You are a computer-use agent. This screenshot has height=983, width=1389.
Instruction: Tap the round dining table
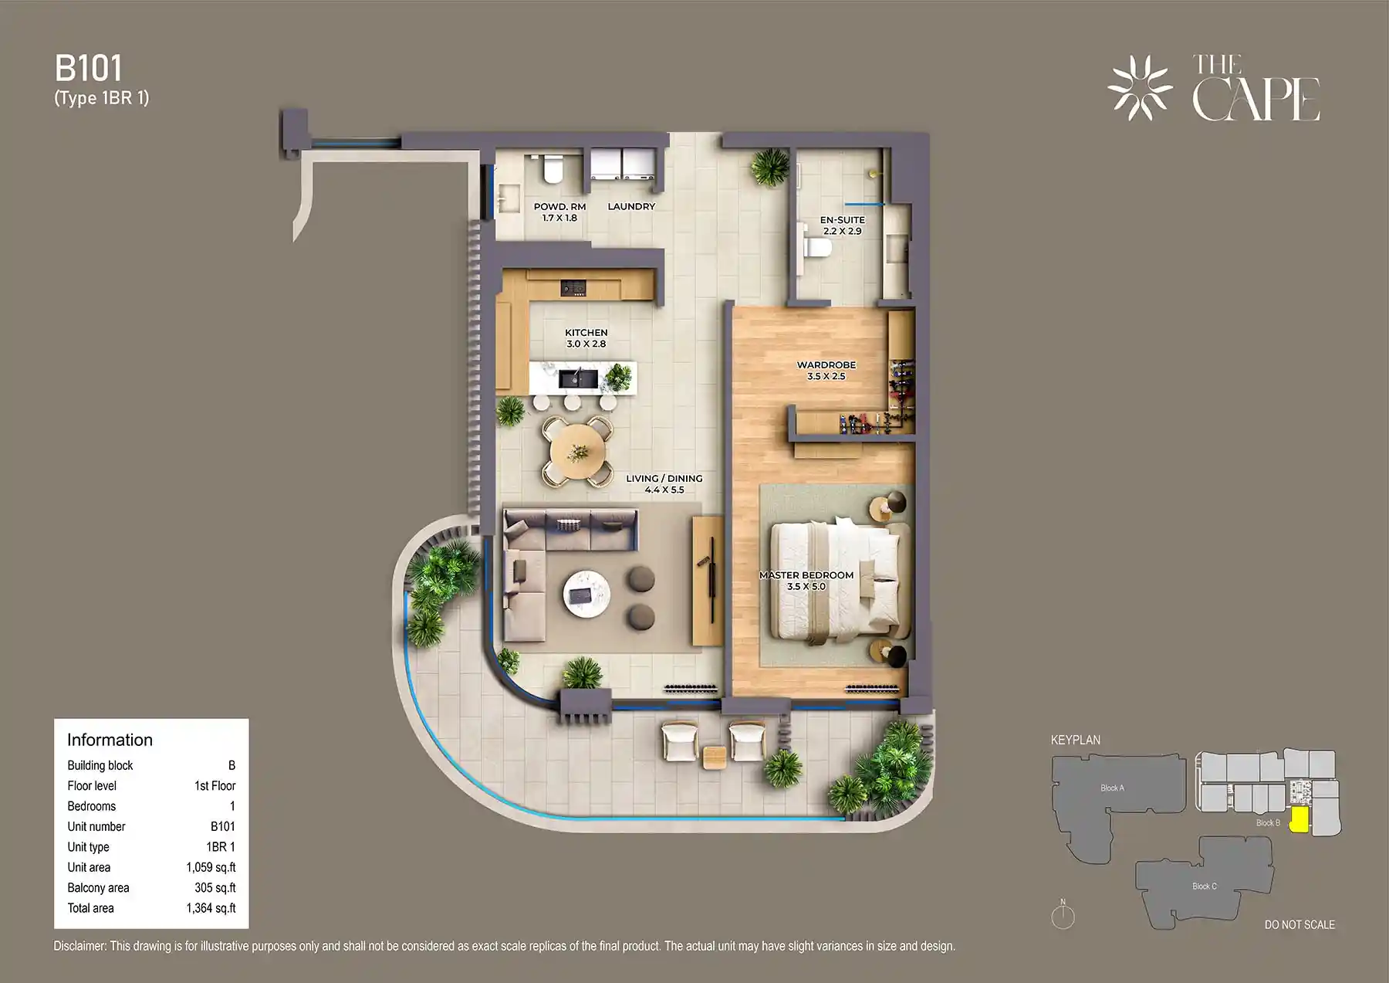[577, 451]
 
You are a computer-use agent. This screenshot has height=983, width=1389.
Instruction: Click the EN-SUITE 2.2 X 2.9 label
[842, 225]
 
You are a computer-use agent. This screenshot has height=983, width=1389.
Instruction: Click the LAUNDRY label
[631, 206]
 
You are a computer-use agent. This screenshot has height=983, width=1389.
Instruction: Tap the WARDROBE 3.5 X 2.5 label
[826, 371]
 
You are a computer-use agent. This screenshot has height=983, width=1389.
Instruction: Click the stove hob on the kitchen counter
[573, 287]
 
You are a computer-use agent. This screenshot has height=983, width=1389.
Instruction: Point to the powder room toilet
[553, 169]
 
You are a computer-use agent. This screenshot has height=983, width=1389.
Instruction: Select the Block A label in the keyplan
[1112, 788]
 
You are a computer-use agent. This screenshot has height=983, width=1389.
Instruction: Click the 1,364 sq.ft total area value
[211, 908]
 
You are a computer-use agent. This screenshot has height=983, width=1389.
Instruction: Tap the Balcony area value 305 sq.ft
[215, 888]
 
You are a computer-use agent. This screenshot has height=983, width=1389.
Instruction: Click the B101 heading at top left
[89, 69]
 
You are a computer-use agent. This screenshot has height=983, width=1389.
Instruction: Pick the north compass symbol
[1063, 916]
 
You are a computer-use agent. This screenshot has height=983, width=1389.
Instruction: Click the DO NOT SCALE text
[1299, 924]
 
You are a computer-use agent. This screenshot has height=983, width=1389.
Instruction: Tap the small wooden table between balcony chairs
[715, 757]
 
